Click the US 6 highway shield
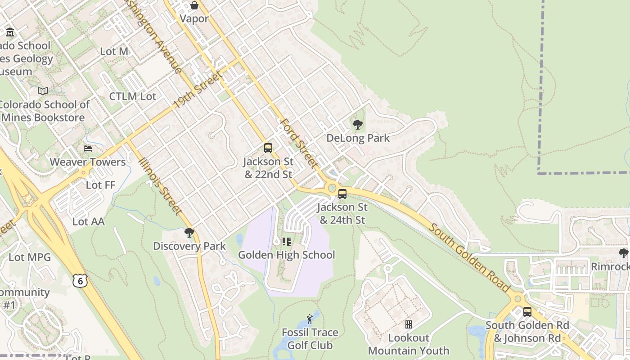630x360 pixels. click(80, 281)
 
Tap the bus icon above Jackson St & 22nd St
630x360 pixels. click(268, 148)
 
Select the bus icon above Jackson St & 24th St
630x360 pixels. click(342, 194)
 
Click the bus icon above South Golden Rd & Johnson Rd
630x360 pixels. click(527, 311)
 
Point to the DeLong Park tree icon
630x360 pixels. click(358, 124)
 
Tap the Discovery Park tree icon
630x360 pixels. click(189, 233)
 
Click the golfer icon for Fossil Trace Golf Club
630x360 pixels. click(310, 319)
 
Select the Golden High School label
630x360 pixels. click(287, 255)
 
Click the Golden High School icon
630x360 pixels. click(287, 242)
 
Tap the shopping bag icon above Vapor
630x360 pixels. click(194, 5)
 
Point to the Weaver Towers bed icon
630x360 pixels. click(88, 148)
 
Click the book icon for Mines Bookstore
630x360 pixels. click(43, 91)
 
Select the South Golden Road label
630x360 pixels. click(469, 257)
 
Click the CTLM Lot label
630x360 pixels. click(133, 96)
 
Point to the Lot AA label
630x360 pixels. click(89, 221)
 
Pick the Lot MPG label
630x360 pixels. click(30, 257)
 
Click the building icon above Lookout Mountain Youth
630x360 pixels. click(409, 324)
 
